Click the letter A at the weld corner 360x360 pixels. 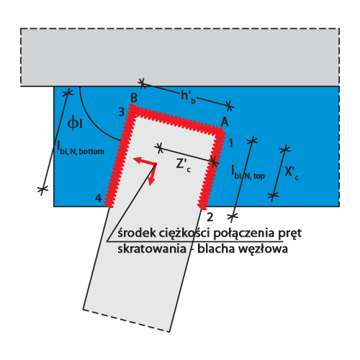pos(225,122)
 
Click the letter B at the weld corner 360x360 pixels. pos(134,98)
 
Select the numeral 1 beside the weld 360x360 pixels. pos(230,143)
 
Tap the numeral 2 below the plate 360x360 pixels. pos(210,217)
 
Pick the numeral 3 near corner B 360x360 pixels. pos(122,112)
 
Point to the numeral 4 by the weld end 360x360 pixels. pos(99,199)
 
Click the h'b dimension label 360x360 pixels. pos(189,96)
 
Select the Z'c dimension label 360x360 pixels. pos(184,166)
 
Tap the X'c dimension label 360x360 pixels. pos(292,173)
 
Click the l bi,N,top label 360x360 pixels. pos(248,173)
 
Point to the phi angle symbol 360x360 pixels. pos(75,124)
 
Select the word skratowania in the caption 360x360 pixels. pos(152,248)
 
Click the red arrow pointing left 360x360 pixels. pos(145,161)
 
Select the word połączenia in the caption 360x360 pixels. pos(244,233)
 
